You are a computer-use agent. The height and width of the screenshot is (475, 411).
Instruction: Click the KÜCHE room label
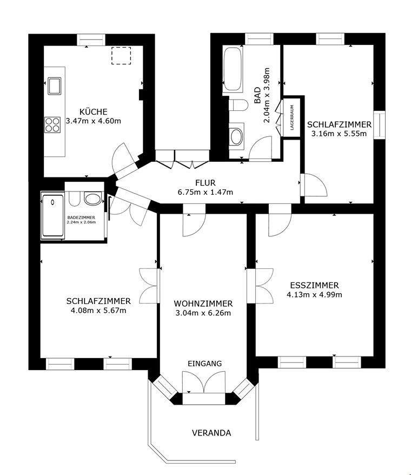(x=92, y=111)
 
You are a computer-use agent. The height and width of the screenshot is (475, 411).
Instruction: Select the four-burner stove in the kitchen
(x=53, y=125)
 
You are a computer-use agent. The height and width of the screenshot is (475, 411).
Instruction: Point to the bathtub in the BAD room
(x=233, y=69)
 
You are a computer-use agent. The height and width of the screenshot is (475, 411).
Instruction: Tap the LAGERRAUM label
(x=292, y=117)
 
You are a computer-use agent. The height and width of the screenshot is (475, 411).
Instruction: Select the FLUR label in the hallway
(x=205, y=182)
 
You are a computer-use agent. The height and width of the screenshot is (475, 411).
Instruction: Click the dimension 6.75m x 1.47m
(x=205, y=192)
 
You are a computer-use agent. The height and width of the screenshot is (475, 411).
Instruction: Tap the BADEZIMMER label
(x=81, y=217)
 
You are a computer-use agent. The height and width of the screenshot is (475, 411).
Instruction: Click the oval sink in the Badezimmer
(x=93, y=199)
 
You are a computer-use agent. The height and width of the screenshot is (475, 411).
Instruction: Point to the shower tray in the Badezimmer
(x=52, y=216)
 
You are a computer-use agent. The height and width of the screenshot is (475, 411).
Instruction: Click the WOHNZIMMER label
(x=203, y=304)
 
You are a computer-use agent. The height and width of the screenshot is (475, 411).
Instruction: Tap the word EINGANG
(x=204, y=364)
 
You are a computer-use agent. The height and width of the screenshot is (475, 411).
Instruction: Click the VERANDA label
(x=211, y=433)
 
